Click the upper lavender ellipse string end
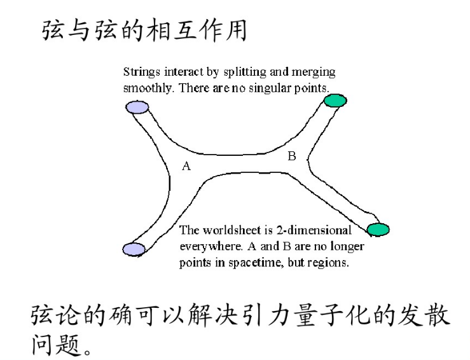[x=137, y=107]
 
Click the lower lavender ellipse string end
[x=134, y=249]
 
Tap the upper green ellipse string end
[x=335, y=100]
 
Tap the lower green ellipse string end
[x=377, y=229]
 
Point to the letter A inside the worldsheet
[x=186, y=167]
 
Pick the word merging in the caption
[x=317, y=73]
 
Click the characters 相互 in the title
[x=177, y=30]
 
